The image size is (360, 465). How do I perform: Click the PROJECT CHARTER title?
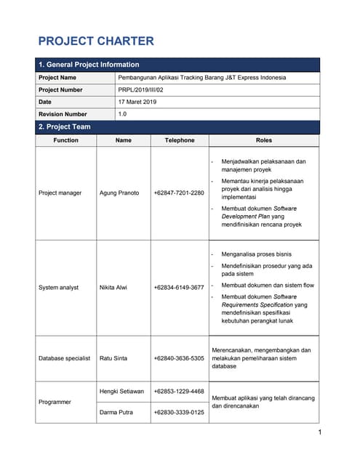click(x=95, y=41)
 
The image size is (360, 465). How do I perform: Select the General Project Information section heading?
click(x=88, y=65)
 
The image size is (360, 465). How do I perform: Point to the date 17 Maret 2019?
click(x=137, y=102)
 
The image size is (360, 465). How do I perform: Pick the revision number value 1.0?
click(x=122, y=115)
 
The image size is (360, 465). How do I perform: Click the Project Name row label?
click(x=57, y=78)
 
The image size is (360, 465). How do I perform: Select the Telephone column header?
click(x=180, y=140)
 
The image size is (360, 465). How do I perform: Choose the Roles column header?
click(x=264, y=140)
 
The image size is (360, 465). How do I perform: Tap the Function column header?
click(x=66, y=140)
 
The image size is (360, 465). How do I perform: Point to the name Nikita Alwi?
click(x=113, y=288)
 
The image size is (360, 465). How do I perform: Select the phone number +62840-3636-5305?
click(x=179, y=358)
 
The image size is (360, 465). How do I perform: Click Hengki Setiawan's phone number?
click(x=179, y=392)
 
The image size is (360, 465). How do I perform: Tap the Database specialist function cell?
click(x=64, y=358)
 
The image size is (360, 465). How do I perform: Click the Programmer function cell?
click(x=55, y=402)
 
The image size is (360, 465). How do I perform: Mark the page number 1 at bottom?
click(x=319, y=433)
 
